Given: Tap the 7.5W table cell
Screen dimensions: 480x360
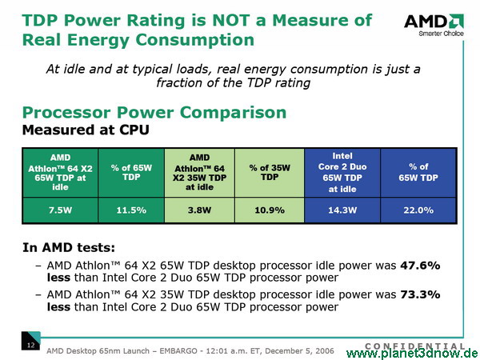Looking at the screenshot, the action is coord(60,210).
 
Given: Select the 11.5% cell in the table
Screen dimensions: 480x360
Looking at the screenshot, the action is coord(131,210).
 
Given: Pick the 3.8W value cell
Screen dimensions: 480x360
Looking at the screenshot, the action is coord(199,210).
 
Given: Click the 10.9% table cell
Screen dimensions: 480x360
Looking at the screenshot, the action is coord(270,210).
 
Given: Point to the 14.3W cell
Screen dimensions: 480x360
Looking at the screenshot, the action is coord(342,210).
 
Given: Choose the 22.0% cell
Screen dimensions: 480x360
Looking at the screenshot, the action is coord(418,210).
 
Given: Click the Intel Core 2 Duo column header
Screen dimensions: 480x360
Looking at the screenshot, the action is coord(342,173).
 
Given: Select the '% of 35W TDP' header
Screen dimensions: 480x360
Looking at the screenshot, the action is coord(270,173).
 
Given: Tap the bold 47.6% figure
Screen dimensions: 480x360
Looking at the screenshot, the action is coord(420,266).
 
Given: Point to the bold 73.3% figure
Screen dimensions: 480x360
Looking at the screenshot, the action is coord(420,294).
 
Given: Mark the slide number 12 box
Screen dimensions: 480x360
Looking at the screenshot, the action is coord(30,341).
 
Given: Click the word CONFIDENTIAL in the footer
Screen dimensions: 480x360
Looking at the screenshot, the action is coord(414,346).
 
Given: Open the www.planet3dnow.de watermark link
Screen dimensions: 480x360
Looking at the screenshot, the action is coord(412,354).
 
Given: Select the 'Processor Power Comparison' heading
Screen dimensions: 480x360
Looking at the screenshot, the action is coord(154,113).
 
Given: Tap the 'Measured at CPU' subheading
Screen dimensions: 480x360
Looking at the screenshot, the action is coord(86,130).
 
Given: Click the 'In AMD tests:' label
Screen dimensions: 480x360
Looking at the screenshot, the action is coord(69,247).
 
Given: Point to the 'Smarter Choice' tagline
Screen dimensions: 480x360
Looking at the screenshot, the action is coord(441,34).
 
